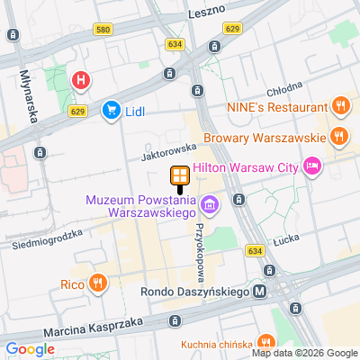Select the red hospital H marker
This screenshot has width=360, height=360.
(x=81, y=81)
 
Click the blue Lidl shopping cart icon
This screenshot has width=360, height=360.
(x=111, y=110)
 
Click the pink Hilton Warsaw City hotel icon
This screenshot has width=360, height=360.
(x=312, y=166)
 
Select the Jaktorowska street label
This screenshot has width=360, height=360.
(x=168, y=150)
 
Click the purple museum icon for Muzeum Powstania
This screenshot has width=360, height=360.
(x=210, y=206)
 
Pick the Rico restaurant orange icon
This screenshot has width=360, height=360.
(x=98, y=284)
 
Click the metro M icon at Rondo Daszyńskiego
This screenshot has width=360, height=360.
(x=260, y=291)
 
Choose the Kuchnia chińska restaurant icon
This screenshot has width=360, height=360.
(x=265, y=342)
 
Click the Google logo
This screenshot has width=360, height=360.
(x=29, y=349)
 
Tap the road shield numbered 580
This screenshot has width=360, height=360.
(x=102, y=30)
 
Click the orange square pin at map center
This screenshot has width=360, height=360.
(x=180, y=175)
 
